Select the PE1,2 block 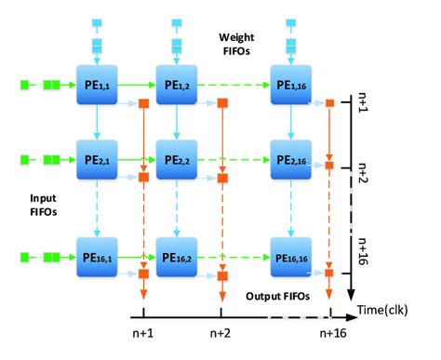point(178,86)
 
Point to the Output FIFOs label point(276,297)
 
